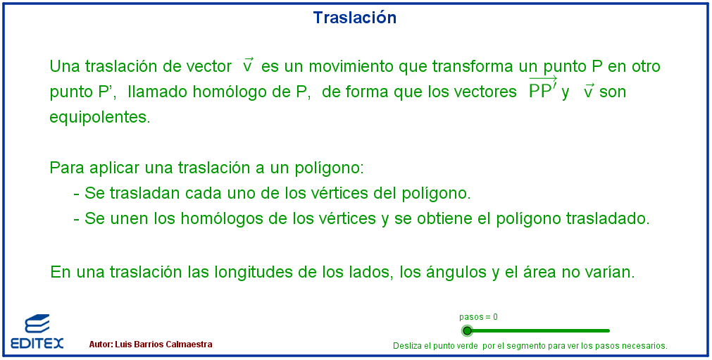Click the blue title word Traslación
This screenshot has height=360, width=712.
pyautogui.click(x=355, y=18)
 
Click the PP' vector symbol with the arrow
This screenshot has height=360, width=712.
pyautogui.click(x=543, y=89)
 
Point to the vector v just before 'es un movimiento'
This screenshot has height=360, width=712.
pyautogui.click(x=248, y=65)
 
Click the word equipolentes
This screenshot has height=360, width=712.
pyautogui.click(x=99, y=118)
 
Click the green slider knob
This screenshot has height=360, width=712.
pyautogui.click(x=467, y=330)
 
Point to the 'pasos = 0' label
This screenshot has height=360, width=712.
pyautogui.click(x=478, y=317)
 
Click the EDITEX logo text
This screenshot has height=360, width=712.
pyautogui.click(x=37, y=343)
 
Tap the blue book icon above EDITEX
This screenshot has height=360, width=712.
pyautogui.click(x=37, y=324)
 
